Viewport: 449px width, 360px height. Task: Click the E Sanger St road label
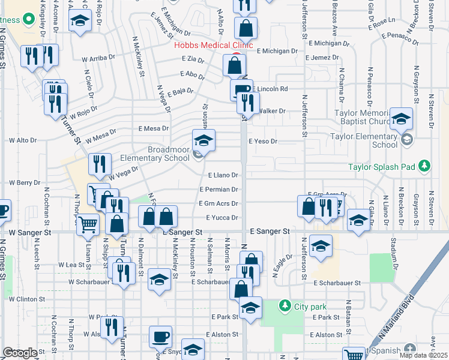[x=270, y=231]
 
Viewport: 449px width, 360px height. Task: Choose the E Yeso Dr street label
[x=264, y=142]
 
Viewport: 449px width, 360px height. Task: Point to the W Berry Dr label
[x=24, y=182]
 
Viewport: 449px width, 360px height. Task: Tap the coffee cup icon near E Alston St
[x=160, y=337]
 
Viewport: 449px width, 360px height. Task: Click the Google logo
[x=20, y=353]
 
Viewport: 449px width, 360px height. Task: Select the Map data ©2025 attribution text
[x=424, y=355]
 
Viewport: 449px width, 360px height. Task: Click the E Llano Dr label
[x=223, y=175]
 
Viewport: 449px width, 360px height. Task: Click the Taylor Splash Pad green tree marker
[x=424, y=165]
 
